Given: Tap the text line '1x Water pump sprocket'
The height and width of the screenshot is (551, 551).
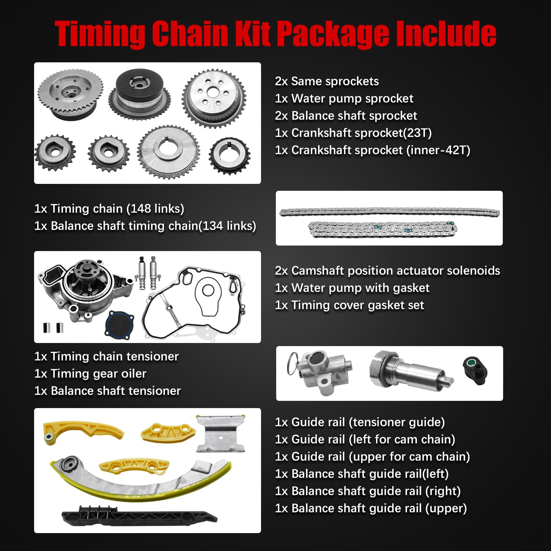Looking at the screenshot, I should click(344, 98).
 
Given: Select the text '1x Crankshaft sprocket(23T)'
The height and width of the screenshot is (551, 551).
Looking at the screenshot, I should click(353, 133).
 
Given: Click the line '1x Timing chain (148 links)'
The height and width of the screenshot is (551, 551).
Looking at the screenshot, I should click(109, 209).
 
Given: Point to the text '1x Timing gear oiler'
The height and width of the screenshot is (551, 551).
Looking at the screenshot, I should click(90, 374).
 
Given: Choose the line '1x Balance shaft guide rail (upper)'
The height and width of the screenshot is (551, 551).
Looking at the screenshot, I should click(371, 508).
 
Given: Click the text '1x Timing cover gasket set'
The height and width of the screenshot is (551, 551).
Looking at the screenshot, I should click(349, 305).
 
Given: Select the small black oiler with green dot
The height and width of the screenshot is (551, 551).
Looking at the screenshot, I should click(475, 370).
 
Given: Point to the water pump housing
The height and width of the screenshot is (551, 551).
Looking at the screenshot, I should click(83, 286).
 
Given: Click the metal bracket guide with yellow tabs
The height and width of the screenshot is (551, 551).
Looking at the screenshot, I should click(220, 434).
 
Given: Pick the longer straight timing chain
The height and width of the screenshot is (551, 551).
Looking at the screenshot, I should click(389, 212).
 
